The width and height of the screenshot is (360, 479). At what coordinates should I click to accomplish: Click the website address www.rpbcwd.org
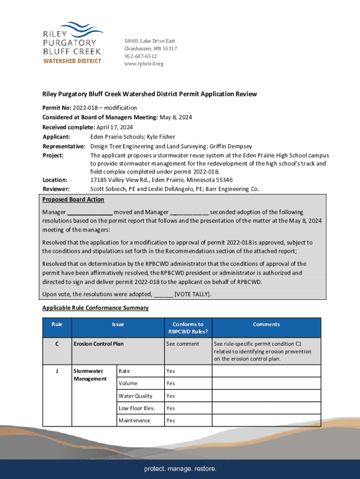click(144, 64)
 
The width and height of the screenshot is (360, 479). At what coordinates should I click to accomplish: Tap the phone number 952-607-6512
click(140, 56)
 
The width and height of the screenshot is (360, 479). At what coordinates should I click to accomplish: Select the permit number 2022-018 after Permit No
click(81, 108)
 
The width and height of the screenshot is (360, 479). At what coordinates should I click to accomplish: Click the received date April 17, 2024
click(115, 127)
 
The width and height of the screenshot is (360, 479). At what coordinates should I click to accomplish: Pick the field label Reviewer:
click(56, 189)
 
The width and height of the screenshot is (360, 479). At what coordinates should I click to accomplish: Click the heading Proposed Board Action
click(73, 199)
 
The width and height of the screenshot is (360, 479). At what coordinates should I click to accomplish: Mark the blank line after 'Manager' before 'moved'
click(90, 212)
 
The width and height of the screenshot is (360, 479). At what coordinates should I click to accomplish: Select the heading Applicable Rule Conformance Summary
click(95, 308)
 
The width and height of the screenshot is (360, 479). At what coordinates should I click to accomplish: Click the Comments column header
click(266, 324)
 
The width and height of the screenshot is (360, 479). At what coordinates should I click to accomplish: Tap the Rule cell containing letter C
click(57, 344)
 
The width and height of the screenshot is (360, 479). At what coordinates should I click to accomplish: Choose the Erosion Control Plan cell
click(99, 344)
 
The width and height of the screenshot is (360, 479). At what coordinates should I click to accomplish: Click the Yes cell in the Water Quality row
click(171, 396)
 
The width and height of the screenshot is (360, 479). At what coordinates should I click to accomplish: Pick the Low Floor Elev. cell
click(137, 408)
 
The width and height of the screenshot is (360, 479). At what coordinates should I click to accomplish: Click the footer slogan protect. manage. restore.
click(180, 469)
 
